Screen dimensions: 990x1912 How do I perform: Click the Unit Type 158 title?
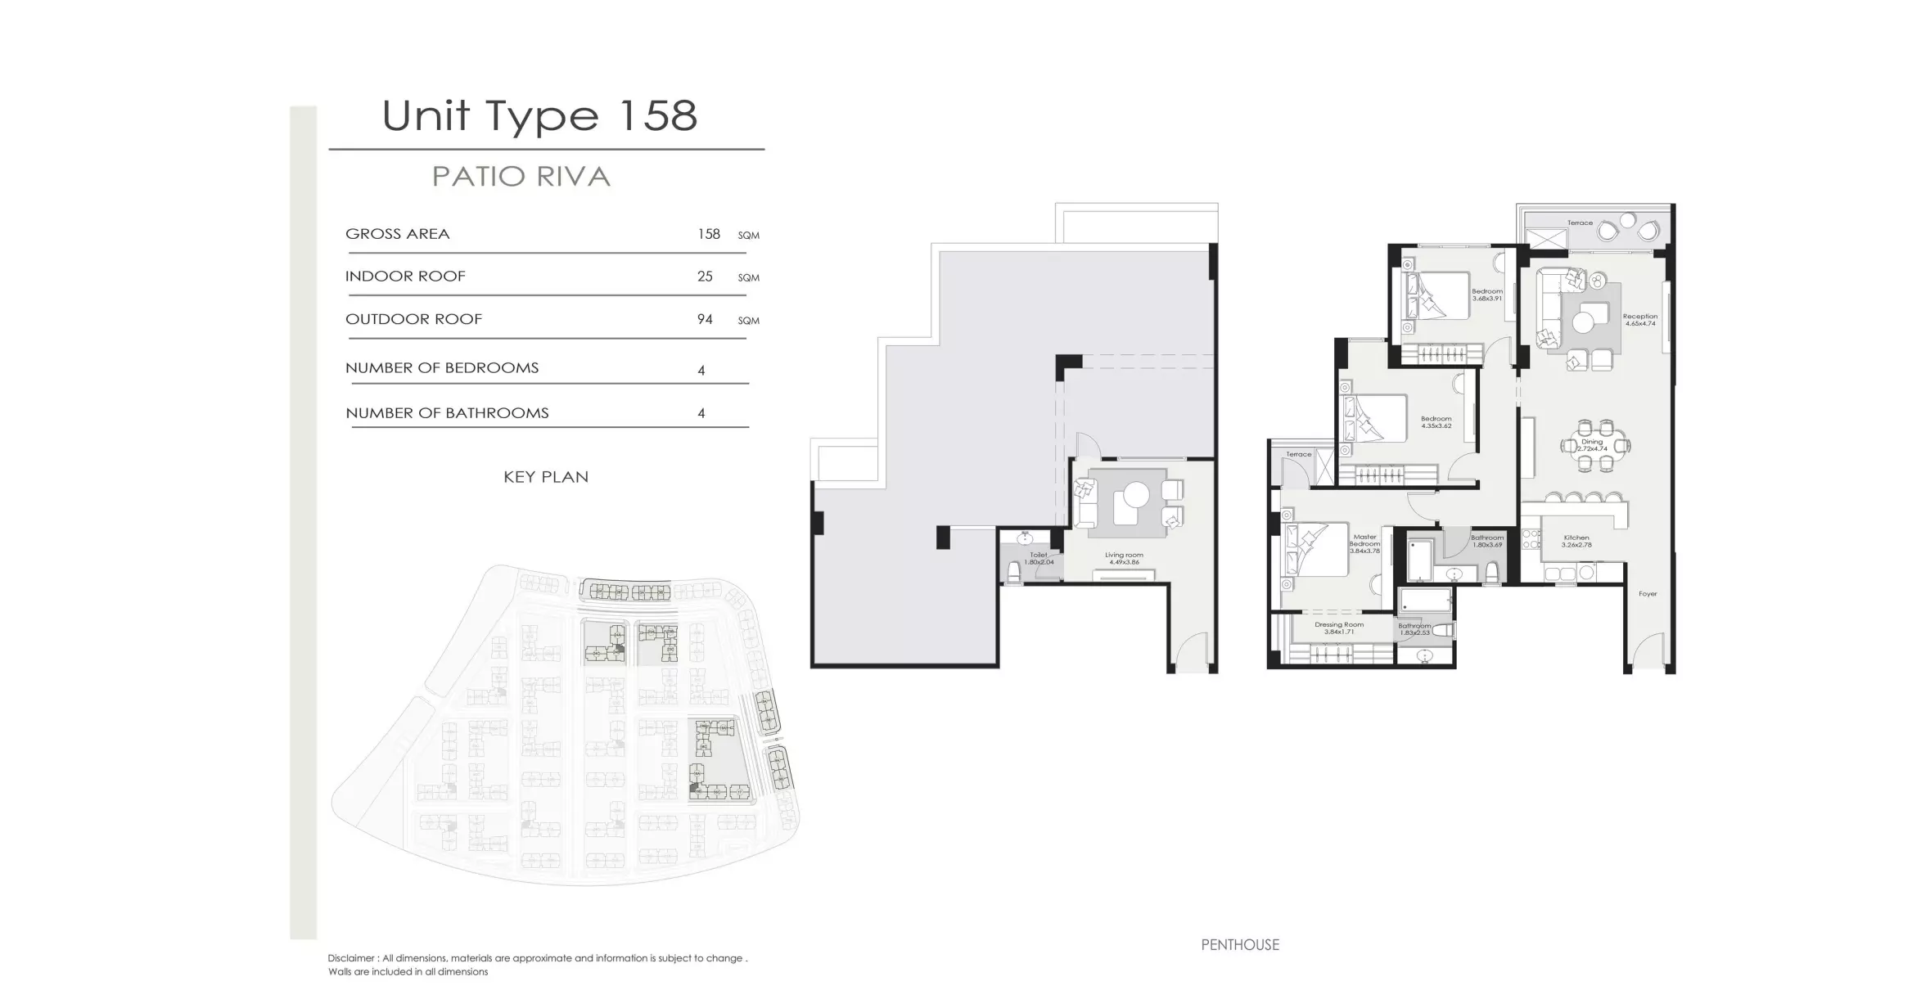[539, 115]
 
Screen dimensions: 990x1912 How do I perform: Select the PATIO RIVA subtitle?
[521, 177]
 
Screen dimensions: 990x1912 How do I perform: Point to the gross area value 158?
[708, 234]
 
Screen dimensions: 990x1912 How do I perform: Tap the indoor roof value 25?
[705, 277]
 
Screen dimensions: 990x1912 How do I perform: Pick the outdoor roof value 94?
[705, 319]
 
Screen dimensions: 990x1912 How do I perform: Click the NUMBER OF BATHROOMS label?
[447, 413]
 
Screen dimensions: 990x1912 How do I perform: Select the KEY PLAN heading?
[546, 477]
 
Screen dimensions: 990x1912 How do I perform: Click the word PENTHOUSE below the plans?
[1239, 945]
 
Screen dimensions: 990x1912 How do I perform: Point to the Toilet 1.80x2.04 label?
[1038, 558]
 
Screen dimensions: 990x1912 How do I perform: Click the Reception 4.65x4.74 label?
[1639, 319]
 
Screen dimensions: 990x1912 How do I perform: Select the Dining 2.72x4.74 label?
[1592, 445]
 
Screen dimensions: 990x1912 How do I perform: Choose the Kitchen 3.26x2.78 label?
[1576, 541]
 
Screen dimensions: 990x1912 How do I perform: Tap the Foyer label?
[1647, 594]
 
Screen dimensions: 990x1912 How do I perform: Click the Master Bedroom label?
[1364, 543]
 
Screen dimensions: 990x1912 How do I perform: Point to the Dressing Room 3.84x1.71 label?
[1339, 628]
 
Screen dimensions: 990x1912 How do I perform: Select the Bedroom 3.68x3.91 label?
[1486, 295]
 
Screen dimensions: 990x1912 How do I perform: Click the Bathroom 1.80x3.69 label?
[1486, 541]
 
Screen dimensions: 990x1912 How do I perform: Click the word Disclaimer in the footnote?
[352, 958]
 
